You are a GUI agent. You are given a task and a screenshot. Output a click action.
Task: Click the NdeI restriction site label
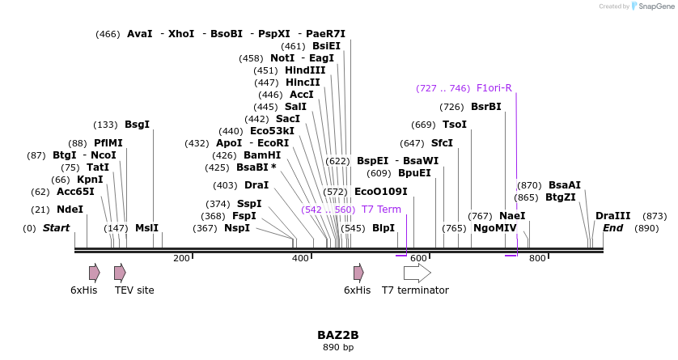pyautogui.click(x=70, y=210)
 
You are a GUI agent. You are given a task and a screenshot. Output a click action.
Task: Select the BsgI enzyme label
pyautogui.click(x=137, y=125)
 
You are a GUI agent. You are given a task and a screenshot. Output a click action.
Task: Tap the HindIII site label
pyautogui.click(x=305, y=70)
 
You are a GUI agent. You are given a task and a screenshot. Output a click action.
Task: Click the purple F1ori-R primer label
pyautogui.click(x=494, y=88)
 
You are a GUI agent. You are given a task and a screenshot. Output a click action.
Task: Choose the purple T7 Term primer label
pyautogui.click(x=381, y=210)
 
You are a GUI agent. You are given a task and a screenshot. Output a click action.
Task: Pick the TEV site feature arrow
pyautogui.click(x=120, y=272)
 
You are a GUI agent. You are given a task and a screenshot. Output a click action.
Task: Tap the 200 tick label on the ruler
pyautogui.click(x=181, y=258)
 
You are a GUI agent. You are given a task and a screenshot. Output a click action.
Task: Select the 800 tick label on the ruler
pyautogui.click(x=537, y=258)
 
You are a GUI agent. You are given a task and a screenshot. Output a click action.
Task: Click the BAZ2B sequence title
pyautogui.click(x=338, y=335)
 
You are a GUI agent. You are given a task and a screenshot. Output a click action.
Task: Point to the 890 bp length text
pyautogui.click(x=338, y=348)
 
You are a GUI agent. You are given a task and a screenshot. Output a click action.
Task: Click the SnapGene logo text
pyautogui.click(x=654, y=6)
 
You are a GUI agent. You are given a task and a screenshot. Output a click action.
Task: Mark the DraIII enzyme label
pyautogui.click(x=612, y=216)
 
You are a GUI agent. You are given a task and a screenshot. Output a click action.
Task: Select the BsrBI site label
pyautogui.click(x=486, y=107)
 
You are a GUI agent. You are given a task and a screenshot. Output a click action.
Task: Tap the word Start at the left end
pyautogui.click(x=57, y=228)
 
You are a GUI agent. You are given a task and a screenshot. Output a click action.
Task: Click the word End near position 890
pyautogui.click(x=613, y=228)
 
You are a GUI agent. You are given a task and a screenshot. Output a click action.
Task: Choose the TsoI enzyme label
pyautogui.click(x=455, y=125)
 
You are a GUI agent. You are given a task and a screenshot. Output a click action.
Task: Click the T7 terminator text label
pyautogui.click(x=415, y=290)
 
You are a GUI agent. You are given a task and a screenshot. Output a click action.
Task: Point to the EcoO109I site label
pyautogui.click(x=380, y=192)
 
